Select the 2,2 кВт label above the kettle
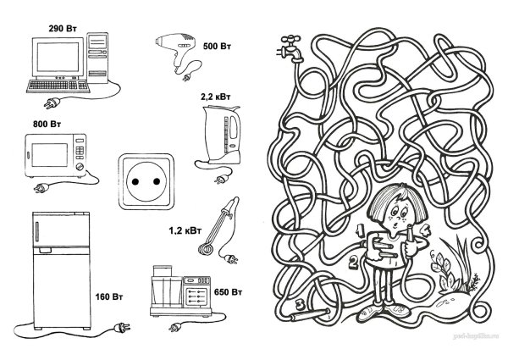[214, 98]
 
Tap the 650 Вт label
[229, 291]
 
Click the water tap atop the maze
[290, 47]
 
